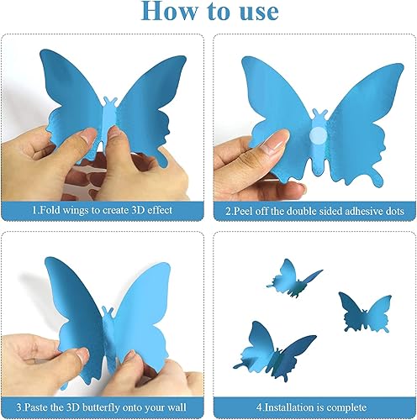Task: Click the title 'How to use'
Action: (208, 13)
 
